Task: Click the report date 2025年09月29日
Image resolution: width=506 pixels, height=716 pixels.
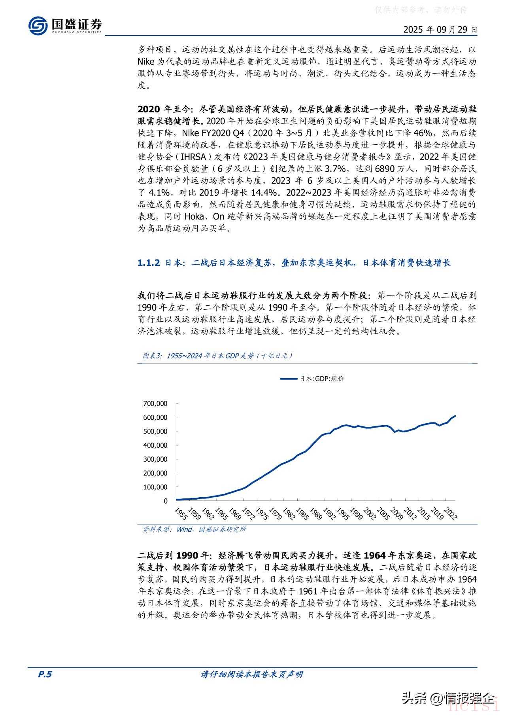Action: point(440,30)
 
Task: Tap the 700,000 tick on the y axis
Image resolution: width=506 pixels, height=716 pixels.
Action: point(155,403)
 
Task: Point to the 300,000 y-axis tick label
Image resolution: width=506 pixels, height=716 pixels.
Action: point(155,459)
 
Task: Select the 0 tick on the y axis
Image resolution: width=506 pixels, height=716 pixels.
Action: point(166,501)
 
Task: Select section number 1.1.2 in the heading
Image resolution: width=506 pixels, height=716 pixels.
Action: point(149,263)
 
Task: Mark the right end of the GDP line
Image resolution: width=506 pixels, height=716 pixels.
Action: point(455,416)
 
